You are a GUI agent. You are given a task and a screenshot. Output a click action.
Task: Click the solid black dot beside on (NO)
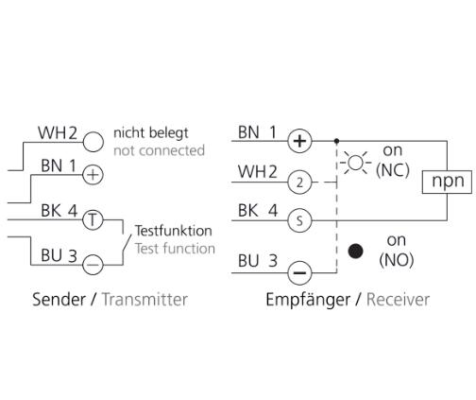click(x=356, y=252)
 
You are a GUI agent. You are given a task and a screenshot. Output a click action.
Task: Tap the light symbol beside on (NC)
click(x=356, y=163)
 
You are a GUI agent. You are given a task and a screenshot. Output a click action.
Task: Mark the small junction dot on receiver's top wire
click(x=336, y=141)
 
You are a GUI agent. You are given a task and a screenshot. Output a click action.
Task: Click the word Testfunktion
click(x=174, y=231)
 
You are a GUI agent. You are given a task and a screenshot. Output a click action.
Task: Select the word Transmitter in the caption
click(x=144, y=300)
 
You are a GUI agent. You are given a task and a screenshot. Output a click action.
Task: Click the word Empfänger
click(x=308, y=300)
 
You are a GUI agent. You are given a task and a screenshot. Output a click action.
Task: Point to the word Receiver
click(x=398, y=300)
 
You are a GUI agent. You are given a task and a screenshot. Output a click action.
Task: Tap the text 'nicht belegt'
click(x=151, y=133)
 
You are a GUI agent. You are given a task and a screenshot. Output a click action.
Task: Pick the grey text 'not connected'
click(x=159, y=150)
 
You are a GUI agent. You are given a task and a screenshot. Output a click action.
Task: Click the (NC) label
click(x=393, y=170)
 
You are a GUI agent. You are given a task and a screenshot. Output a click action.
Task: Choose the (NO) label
click(x=397, y=260)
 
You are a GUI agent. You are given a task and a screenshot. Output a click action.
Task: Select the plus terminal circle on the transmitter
click(x=93, y=175)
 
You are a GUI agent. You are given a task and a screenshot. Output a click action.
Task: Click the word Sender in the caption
click(x=59, y=300)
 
